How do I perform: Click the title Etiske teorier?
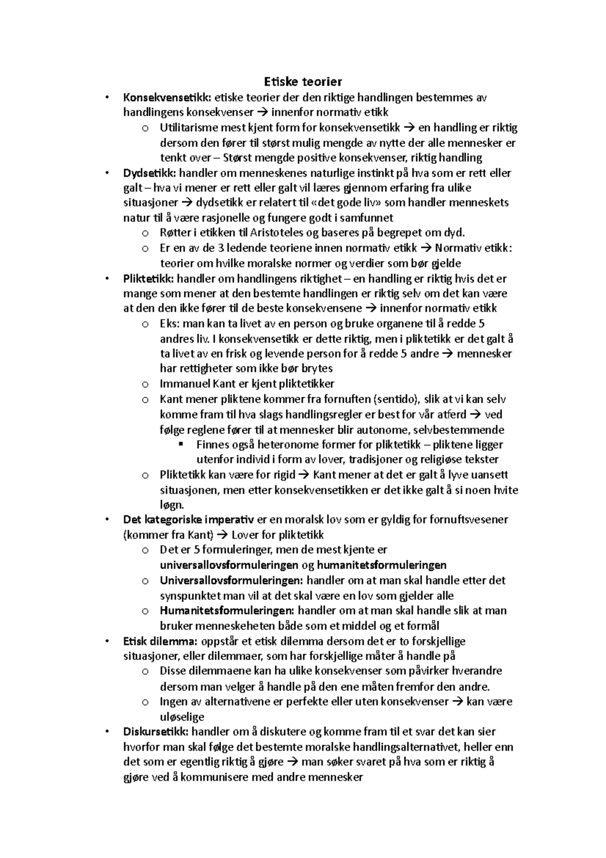pos(303,81)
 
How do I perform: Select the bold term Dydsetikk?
pos(150,173)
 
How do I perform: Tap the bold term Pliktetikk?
pos(149,278)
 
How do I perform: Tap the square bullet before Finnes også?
pos(181,444)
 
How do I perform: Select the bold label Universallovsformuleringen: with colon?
pos(231,580)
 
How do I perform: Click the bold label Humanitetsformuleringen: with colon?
pos(227,610)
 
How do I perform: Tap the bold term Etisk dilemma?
pos(161,641)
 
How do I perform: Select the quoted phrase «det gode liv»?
pos(341,203)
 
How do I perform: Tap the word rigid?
pos(283,475)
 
